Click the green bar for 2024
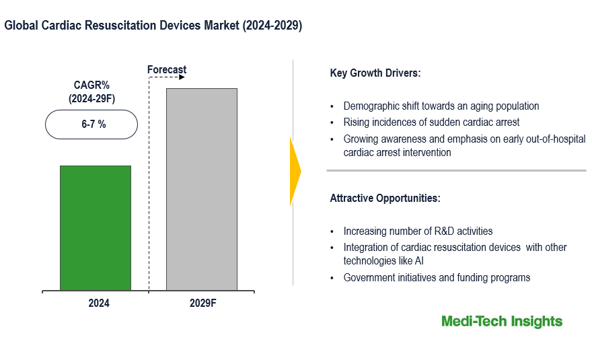pos(95,227)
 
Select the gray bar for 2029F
pos(202,189)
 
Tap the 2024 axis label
pos(98,303)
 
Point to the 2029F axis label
pos(202,303)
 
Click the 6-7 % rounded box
pos(91,124)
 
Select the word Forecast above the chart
pos(167,70)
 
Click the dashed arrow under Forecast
pos(166,77)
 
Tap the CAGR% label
pos(91,85)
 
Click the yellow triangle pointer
pos(295,171)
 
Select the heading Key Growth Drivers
pos(375,73)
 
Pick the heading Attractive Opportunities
pos(385,199)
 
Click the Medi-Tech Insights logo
pos(502,322)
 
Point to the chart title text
pos(153,26)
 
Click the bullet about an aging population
pos(441,106)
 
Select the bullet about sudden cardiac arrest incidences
pos(431,122)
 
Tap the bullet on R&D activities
pos(418,231)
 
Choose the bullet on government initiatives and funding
pos(437,277)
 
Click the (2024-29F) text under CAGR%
pos(91,99)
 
